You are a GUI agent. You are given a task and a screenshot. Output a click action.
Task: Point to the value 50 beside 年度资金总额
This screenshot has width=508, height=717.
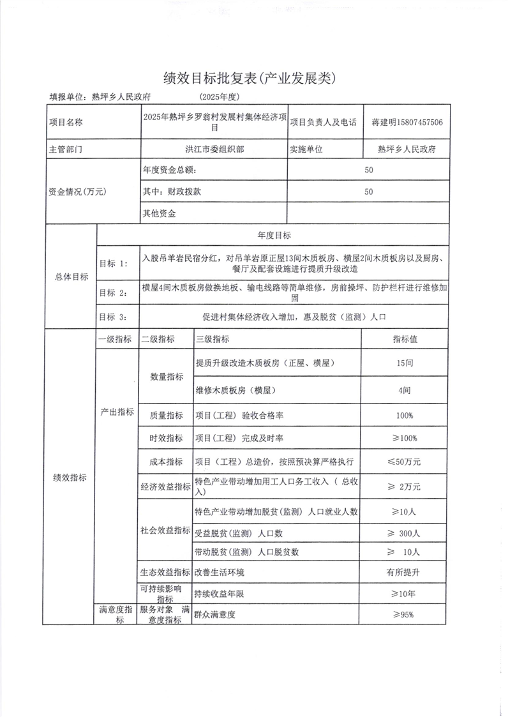(368, 170)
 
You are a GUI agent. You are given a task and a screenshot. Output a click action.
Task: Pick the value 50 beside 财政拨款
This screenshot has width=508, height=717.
(368, 192)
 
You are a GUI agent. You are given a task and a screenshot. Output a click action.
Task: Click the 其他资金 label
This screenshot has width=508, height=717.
(160, 213)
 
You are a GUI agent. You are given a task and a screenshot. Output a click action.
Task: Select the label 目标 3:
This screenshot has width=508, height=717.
(114, 316)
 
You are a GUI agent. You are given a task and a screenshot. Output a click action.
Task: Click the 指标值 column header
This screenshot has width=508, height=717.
(405, 339)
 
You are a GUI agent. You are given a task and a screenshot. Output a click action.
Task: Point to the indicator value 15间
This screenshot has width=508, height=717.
(405, 363)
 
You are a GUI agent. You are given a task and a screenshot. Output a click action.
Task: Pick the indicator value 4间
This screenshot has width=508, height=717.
(404, 389)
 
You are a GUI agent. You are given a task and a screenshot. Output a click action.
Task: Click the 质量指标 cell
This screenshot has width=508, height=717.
(166, 416)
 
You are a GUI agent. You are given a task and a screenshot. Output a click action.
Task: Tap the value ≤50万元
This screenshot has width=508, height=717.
(405, 461)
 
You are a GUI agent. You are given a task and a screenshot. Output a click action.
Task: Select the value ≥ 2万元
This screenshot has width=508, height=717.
(405, 487)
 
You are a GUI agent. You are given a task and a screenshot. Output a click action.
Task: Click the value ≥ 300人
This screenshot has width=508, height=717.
(405, 533)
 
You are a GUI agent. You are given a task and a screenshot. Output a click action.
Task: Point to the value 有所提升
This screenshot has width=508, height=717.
(405, 572)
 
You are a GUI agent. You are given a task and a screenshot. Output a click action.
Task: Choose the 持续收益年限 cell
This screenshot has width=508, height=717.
(220, 594)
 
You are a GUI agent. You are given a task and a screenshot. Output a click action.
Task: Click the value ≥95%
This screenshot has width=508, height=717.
(404, 615)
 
